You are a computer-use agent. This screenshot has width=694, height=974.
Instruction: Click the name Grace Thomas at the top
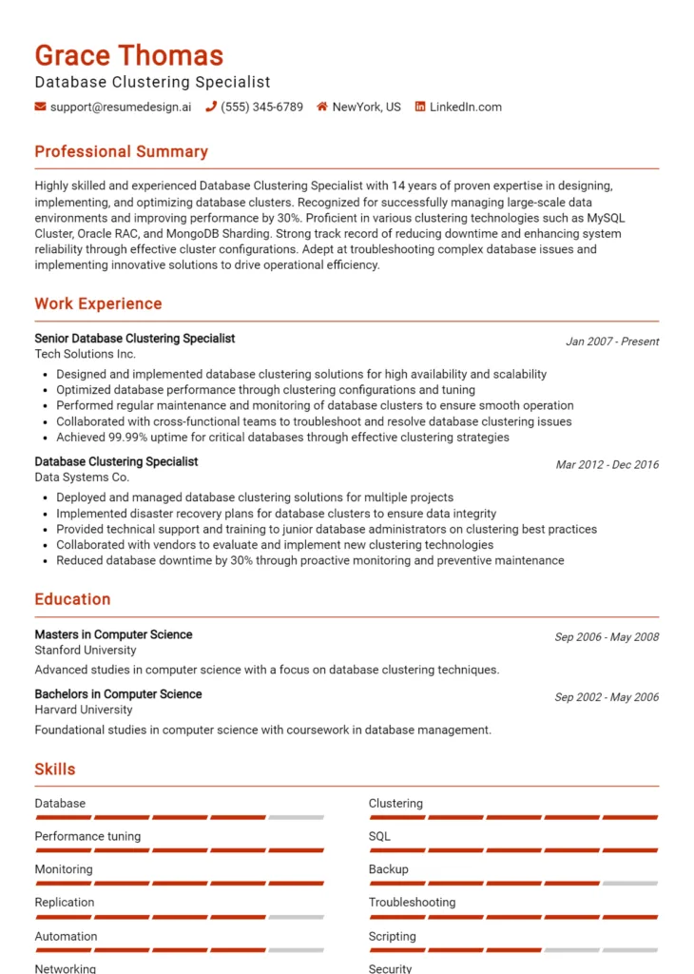[x=129, y=55]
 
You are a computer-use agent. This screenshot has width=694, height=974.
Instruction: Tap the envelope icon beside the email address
[x=40, y=107]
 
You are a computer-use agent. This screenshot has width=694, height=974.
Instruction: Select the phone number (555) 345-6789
[x=261, y=107]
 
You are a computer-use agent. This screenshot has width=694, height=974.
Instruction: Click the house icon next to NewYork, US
[x=322, y=107]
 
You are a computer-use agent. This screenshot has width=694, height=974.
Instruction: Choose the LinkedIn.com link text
[x=465, y=107]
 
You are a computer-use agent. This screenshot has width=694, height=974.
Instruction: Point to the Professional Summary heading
[x=121, y=152]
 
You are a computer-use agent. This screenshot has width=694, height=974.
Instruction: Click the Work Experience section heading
[x=98, y=304]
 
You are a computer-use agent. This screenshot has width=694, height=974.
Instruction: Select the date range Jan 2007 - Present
[x=611, y=341]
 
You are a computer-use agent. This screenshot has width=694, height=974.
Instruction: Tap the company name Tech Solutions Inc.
[x=85, y=354]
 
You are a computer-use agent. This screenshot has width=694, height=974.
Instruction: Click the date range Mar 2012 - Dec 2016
[x=607, y=465]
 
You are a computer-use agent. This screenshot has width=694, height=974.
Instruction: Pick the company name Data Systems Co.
[x=82, y=477]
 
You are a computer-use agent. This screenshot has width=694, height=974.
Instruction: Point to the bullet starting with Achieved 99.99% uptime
[x=282, y=438]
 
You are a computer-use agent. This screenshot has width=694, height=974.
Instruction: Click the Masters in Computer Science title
[x=113, y=634]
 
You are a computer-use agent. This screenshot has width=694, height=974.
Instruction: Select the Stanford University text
[x=86, y=651]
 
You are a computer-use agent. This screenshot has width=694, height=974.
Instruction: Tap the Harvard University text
[x=84, y=710]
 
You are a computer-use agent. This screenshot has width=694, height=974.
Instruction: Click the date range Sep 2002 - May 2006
[x=607, y=697]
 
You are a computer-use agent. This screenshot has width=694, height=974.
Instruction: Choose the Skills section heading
[x=55, y=769]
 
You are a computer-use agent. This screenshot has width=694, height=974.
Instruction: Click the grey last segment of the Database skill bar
[x=296, y=817]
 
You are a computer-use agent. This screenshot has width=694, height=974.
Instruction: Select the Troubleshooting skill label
[x=412, y=903]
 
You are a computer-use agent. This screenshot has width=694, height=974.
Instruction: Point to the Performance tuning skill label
[x=87, y=837]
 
